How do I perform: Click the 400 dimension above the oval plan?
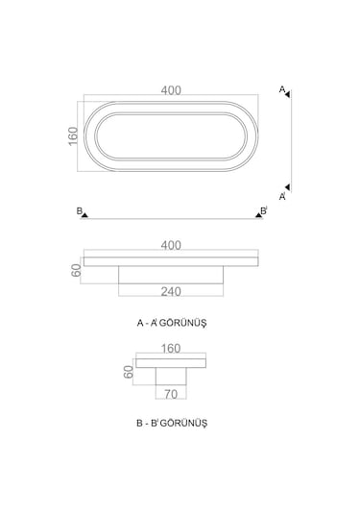[171, 90]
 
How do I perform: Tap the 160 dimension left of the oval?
[73, 136]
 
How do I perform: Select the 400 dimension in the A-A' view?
[171, 246]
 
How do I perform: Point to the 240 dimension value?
[171, 291]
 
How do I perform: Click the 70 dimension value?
[171, 394]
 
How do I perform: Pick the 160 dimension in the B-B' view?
[171, 349]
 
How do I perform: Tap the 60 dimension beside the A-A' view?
[76, 270]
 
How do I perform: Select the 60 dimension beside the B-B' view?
[129, 372]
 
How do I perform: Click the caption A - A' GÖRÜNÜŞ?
[172, 323]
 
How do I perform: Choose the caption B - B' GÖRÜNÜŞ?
[172, 423]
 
